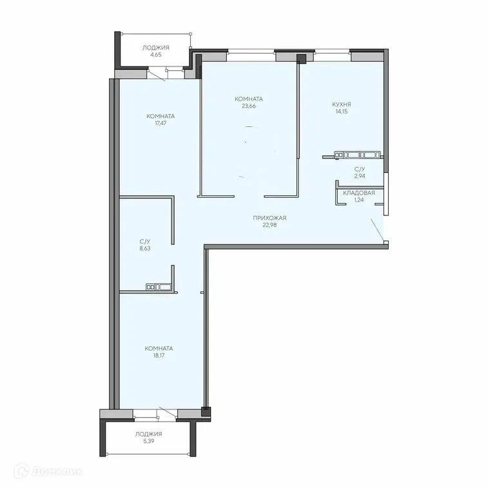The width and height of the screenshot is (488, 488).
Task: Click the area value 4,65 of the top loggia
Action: (155, 55)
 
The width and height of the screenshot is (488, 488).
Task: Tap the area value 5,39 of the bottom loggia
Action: (148, 442)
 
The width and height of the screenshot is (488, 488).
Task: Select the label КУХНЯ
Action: (341, 104)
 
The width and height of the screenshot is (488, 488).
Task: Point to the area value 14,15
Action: (341, 112)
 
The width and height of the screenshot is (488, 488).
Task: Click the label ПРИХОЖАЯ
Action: (269, 218)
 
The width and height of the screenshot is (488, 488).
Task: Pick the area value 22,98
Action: (269, 225)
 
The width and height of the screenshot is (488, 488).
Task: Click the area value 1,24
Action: (359, 200)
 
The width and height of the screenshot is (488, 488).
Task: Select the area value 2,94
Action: (359, 175)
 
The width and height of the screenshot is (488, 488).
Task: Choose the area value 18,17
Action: (159, 355)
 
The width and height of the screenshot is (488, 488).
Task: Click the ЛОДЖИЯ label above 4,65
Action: (155, 48)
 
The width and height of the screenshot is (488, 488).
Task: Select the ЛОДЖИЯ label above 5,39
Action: (148, 434)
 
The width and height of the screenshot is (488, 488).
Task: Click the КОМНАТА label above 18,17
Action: (159, 348)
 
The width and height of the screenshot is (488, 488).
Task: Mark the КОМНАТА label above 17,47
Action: (161, 116)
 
